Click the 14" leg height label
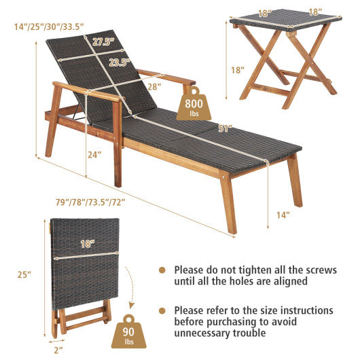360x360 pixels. click(x=284, y=215)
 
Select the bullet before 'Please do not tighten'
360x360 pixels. click(x=162, y=270)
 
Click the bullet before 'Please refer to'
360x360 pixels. click(x=162, y=310)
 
